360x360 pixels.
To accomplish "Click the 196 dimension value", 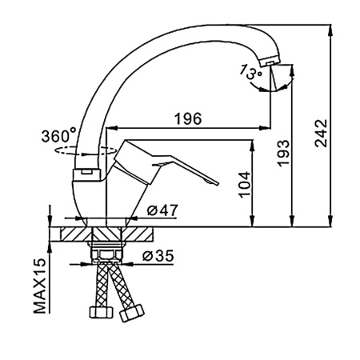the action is (x=188, y=118).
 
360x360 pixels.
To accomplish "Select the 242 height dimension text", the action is (x=321, y=133).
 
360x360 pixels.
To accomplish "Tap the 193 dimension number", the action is (x=283, y=153).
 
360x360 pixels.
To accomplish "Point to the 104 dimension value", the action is (x=245, y=185).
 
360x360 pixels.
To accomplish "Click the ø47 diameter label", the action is (x=162, y=210).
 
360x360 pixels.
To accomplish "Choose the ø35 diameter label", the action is (x=158, y=256).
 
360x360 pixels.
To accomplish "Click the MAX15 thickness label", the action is (x=40, y=286).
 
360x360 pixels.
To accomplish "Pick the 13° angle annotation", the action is (x=250, y=72).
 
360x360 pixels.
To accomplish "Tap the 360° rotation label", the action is (x=59, y=136).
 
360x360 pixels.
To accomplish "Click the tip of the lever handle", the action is (x=215, y=182).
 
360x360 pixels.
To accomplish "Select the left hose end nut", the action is (x=101, y=312).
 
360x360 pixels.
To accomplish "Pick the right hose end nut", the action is (x=132, y=313).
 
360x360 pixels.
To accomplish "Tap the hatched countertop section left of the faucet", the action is (x=76, y=234).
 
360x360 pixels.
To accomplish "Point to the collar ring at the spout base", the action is (x=86, y=174).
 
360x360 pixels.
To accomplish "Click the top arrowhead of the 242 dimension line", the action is (x=331, y=30).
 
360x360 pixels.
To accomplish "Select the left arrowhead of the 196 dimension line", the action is (x=112, y=128).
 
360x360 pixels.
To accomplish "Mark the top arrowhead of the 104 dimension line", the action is (x=252, y=145).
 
